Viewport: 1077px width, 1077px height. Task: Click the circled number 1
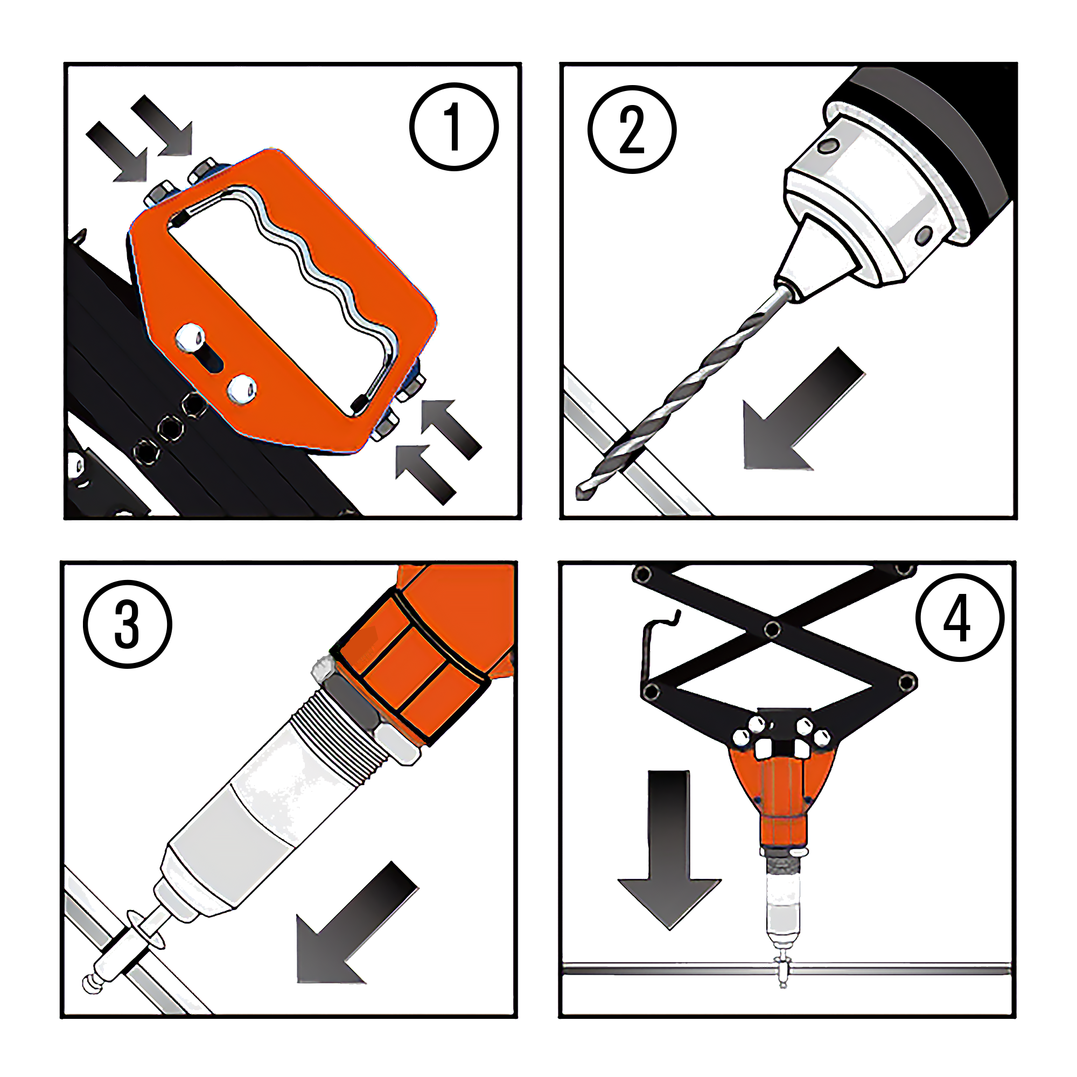coord(454,127)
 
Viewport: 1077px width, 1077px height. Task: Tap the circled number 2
coord(632,130)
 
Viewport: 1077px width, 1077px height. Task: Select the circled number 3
coord(128,624)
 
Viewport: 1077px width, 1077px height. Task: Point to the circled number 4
coord(960,618)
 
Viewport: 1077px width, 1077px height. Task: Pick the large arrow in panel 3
coord(357,924)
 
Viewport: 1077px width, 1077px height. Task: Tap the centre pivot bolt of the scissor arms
coord(772,630)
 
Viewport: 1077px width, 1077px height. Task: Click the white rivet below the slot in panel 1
coord(242,389)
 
